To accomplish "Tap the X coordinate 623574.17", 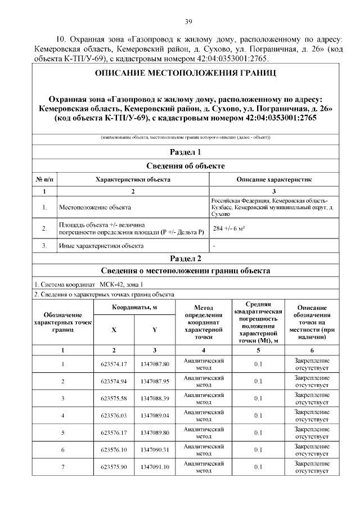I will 114,364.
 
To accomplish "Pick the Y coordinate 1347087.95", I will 155,382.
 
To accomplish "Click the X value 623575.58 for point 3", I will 114,399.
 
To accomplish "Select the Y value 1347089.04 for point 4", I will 155,416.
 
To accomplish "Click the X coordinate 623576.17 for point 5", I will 114,433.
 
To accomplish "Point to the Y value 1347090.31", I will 155,450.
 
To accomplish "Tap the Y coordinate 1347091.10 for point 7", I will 155,467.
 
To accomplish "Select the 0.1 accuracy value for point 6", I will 258,450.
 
